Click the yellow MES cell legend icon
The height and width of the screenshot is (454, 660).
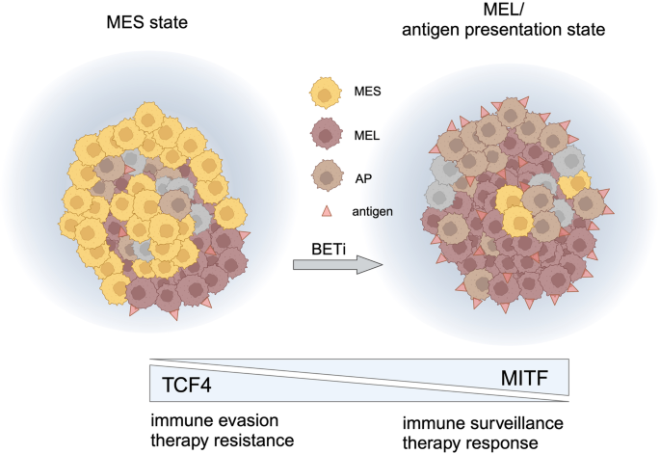[x=325, y=93]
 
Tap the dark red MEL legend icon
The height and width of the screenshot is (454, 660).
[x=326, y=134]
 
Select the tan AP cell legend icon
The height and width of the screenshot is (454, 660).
[x=326, y=175]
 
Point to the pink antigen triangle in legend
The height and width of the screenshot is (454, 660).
[x=327, y=211]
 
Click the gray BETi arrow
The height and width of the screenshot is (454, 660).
[x=338, y=265]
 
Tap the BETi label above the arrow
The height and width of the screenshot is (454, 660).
[x=329, y=249]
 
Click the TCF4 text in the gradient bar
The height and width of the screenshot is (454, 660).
[x=187, y=385]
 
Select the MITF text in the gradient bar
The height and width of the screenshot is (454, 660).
[x=524, y=378]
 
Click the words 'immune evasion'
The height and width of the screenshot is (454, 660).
[x=215, y=420]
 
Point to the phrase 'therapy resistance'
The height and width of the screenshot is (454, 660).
[x=223, y=441]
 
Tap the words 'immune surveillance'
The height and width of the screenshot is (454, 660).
[x=483, y=423]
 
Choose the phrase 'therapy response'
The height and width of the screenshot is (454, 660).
[x=470, y=443]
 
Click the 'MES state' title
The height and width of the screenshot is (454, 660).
[x=146, y=22]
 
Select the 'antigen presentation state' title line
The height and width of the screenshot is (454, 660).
[x=503, y=30]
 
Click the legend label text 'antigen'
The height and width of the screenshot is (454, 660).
[x=373, y=211]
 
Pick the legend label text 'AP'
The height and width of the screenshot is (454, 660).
[x=363, y=178]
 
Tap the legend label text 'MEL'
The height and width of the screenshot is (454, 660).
[x=367, y=136]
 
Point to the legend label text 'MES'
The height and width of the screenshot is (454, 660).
[x=367, y=91]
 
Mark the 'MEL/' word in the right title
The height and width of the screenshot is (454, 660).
[x=503, y=9]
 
